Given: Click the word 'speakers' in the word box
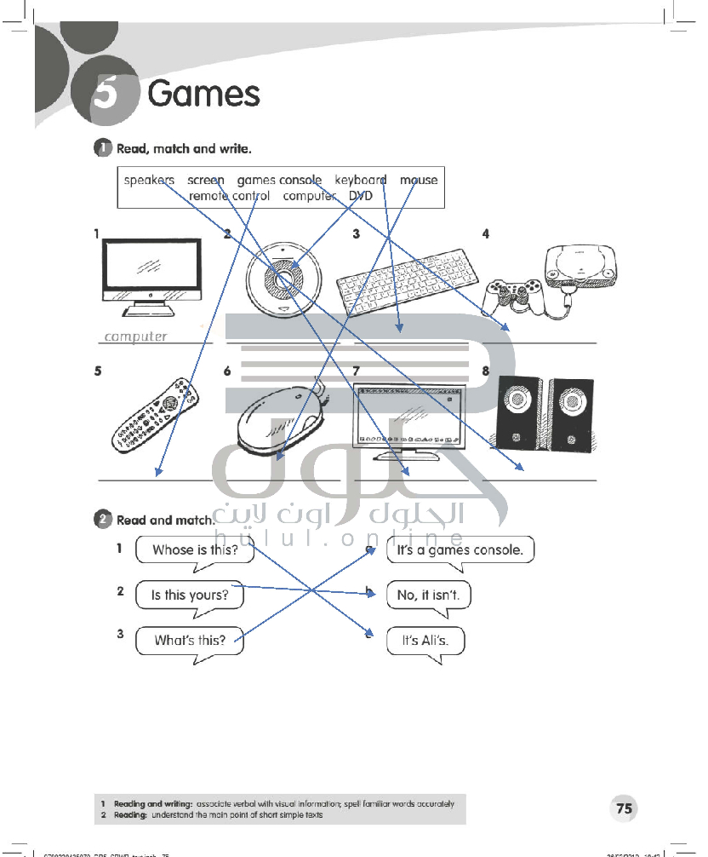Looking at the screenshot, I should click(149, 180).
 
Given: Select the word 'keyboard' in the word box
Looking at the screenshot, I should click(360, 180).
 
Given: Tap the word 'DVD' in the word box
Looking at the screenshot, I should click(361, 196).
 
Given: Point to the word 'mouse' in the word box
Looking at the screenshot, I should click(419, 180).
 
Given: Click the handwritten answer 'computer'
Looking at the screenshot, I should click(135, 336).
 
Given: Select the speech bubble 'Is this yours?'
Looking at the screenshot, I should click(190, 595).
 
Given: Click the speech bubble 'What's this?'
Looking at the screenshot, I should click(190, 640).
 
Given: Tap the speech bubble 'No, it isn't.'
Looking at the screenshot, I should click(428, 595).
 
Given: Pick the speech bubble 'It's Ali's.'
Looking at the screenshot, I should click(425, 641).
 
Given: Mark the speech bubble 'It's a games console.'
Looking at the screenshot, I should click(460, 549).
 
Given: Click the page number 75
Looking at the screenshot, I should click(625, 808).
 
